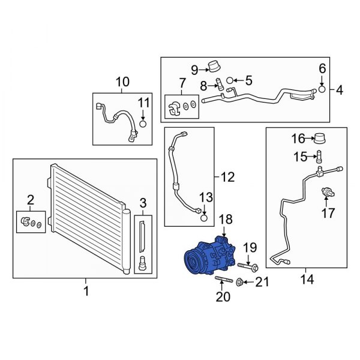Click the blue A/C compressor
(x=210, y=256)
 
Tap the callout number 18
(x=226, y=219)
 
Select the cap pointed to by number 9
(x=214, y=67)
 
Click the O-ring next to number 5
(x=230, y=80)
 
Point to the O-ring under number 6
(x=322, y=89)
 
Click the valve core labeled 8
(x=219, y=84)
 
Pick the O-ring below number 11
(x=143, y=124)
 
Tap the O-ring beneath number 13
(x=204, y=218)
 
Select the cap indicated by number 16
(x=320, y=138)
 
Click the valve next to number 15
(x=319, y=156)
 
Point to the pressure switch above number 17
(x=328, y=192)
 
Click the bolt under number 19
(x=248, y=267)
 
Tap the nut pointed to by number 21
(x=239, y=281)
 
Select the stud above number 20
(x=224, y=280)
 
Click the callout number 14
(x=307, y=280)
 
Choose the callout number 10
(x=122, y=82)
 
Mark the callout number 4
(x=340, y=90)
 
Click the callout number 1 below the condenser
(x=86, y=292)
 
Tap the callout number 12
(x=228, y=177)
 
